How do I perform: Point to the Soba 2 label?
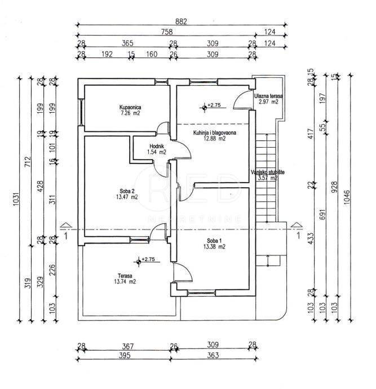tap(126, 191)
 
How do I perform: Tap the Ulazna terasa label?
tap(268, 96)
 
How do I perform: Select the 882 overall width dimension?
tap(180, 21)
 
